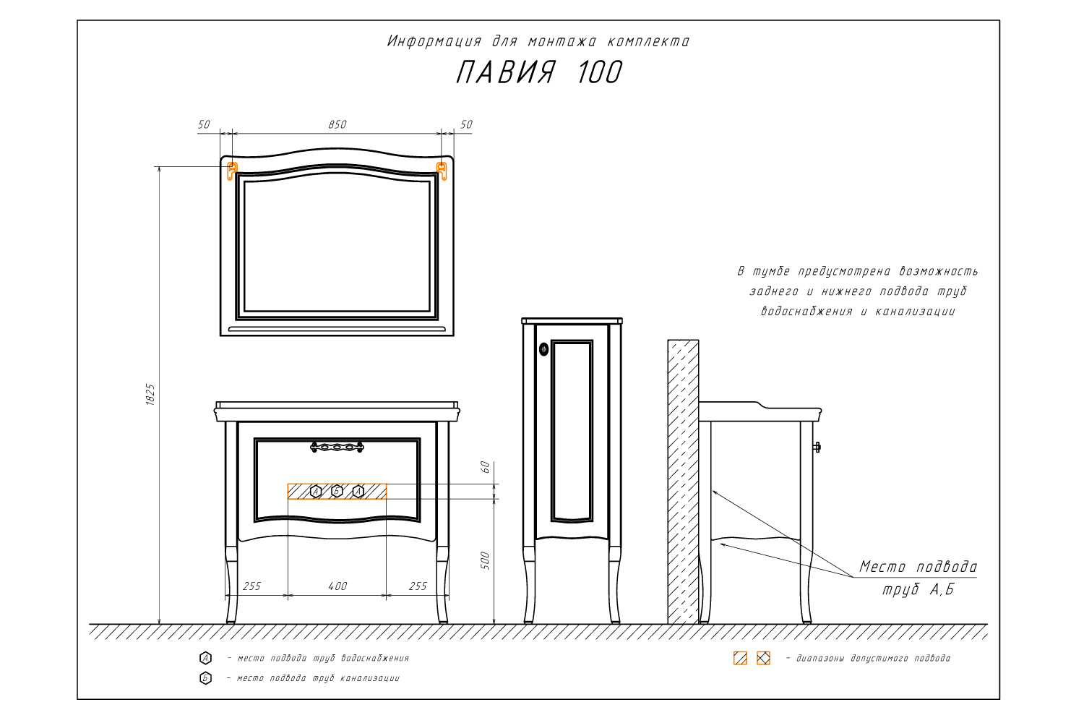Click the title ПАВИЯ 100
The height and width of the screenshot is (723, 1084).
538,72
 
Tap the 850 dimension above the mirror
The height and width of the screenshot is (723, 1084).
337,124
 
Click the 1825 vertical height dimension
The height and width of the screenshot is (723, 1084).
150,395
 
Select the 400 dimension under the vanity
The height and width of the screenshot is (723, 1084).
337,586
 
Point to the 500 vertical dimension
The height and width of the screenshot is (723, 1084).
486,561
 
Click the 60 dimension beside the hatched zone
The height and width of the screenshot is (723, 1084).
486,467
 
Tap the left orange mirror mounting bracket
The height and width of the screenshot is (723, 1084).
232,171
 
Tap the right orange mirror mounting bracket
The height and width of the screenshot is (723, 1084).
442,171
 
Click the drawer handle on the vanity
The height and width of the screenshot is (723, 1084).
337,447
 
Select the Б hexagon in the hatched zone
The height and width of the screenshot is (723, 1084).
337,492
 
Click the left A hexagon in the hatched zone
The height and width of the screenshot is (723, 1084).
316,492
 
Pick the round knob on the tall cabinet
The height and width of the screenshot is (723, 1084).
543,349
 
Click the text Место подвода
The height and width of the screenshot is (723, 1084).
918,567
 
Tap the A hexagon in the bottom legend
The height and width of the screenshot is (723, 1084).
206,658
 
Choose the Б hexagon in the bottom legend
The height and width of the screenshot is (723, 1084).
206,678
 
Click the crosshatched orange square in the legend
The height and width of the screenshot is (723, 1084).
763,658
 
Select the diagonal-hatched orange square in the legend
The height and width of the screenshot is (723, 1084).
741,658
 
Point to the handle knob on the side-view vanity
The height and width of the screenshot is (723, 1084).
817,447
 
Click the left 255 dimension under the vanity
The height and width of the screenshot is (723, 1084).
251,586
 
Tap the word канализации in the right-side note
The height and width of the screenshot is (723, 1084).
915,312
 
